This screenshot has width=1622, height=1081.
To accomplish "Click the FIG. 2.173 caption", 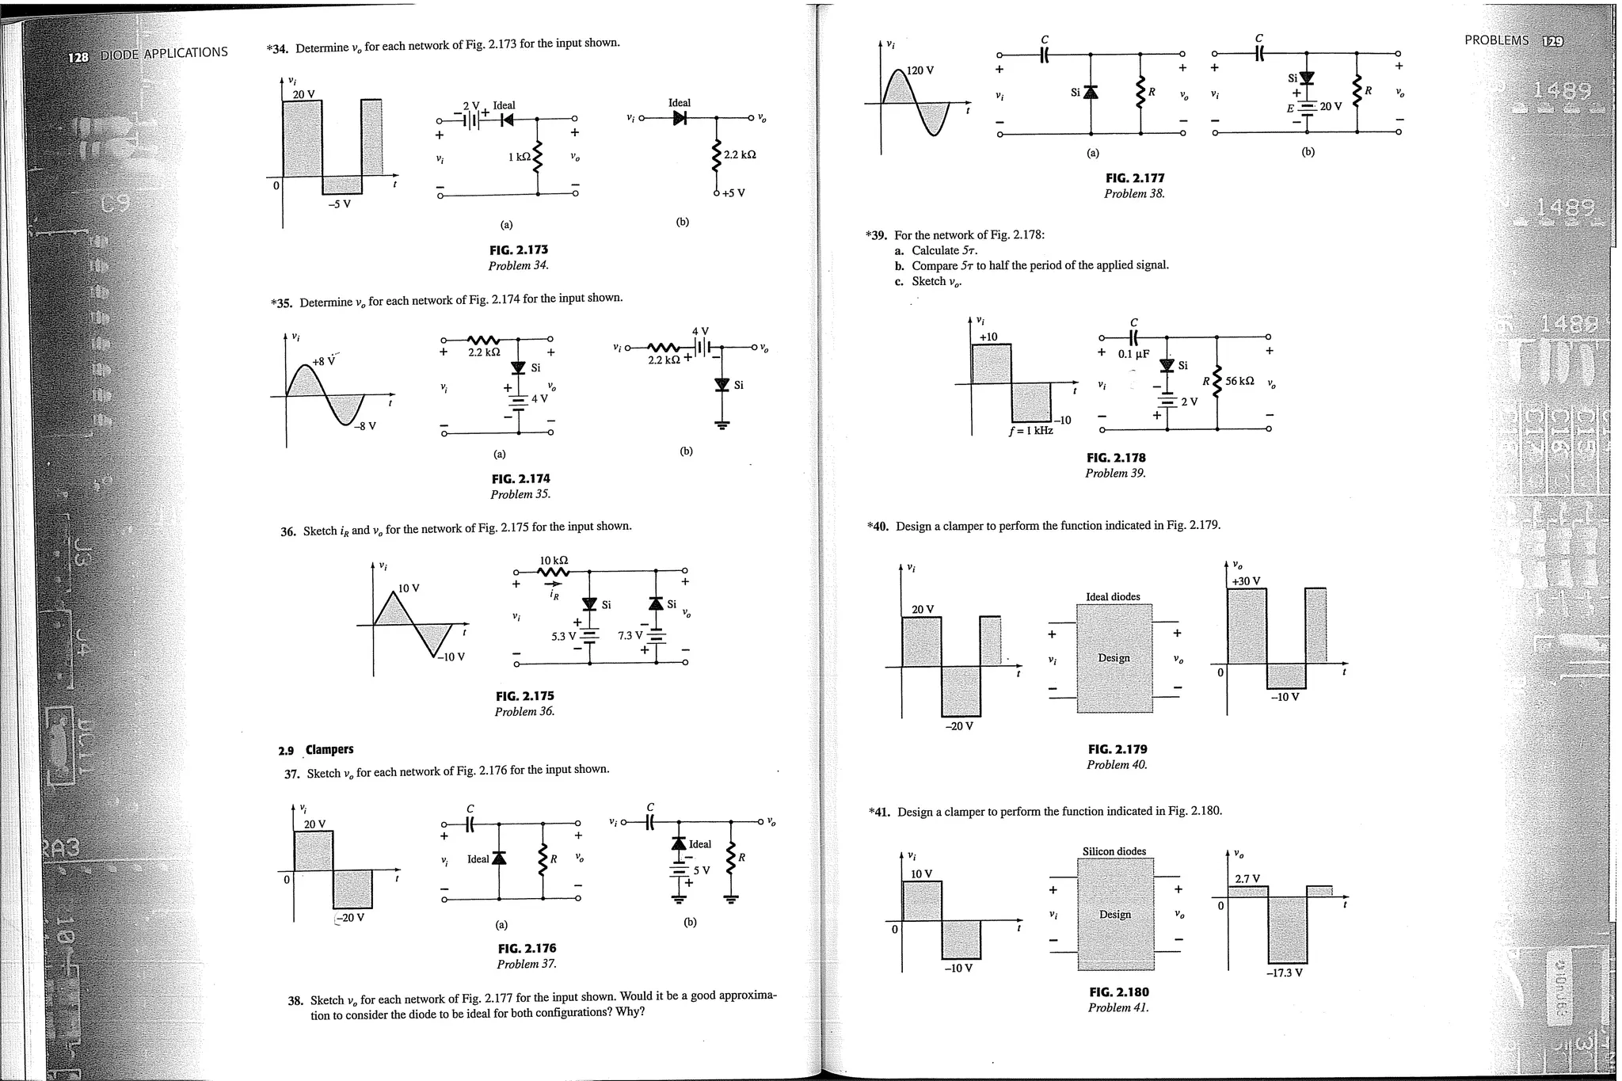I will [x=520, y=250].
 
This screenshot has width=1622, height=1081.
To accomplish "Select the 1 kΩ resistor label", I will [x=519, y=158].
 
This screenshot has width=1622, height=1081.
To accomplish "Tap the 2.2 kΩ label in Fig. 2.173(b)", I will [x=740, y=154].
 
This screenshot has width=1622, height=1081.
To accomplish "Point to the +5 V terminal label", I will [x=733, y=193].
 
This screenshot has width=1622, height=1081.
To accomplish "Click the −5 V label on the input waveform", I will [x=339, y=204].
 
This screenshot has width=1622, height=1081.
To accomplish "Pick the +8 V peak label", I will [x=323, y=362].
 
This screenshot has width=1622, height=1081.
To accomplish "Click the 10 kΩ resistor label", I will [x=554, y=561].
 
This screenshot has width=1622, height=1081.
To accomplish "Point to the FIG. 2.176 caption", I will [x=527, y=948].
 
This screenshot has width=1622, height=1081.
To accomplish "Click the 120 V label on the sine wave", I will [x=920, y=70].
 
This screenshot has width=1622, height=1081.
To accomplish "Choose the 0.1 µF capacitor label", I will [x=1133, y=354].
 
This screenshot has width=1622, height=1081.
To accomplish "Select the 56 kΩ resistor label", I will [x=1239, y=381].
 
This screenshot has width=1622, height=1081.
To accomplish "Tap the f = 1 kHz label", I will [x=1030, y=431].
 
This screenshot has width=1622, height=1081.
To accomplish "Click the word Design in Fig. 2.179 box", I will [x=1114, y=658].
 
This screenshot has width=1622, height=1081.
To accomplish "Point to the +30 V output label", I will [x=1245, y=580].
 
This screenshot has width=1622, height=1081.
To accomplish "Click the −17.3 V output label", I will [x=1284, y=973].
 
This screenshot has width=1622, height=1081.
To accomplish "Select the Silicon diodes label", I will [x=1114, y=851].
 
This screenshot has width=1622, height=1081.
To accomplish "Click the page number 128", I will [x=78, y=58].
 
